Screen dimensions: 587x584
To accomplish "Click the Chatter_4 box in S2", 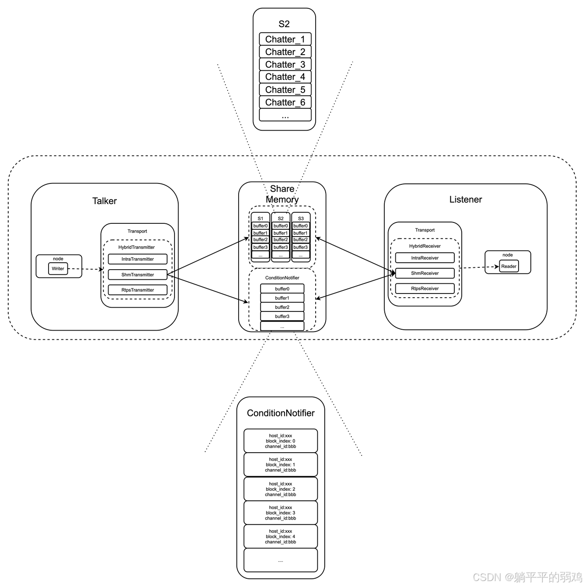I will [285, 77].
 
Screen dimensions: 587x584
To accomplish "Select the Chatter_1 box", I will [285, 39].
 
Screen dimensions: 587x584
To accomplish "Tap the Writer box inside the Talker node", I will [58, 269].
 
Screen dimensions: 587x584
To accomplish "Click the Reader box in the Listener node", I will [508, 266].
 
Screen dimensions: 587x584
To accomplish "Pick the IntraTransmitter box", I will [137, 259].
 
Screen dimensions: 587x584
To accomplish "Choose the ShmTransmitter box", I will [137, 275].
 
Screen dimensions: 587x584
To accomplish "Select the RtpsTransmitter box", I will [137, 290].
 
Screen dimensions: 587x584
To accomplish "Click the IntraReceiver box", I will [425, 258].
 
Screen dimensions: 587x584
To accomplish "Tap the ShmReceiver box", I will [425, 273].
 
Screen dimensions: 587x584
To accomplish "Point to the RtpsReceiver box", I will [425, 288].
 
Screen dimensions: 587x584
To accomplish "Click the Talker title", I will [104, 201].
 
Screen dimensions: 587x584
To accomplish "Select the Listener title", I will [465, 199].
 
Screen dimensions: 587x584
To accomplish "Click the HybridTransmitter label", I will [136, 247].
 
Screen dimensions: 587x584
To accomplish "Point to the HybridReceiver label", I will [425, 246].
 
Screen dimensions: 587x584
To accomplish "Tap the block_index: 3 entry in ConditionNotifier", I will [280, 513].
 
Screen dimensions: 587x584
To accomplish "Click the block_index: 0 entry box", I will [280, 441].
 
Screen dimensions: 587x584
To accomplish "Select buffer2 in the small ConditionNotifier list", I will [282, 307].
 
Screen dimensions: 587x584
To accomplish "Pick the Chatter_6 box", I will [285, 102].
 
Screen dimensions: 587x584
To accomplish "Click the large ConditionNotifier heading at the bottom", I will [280, 413].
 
